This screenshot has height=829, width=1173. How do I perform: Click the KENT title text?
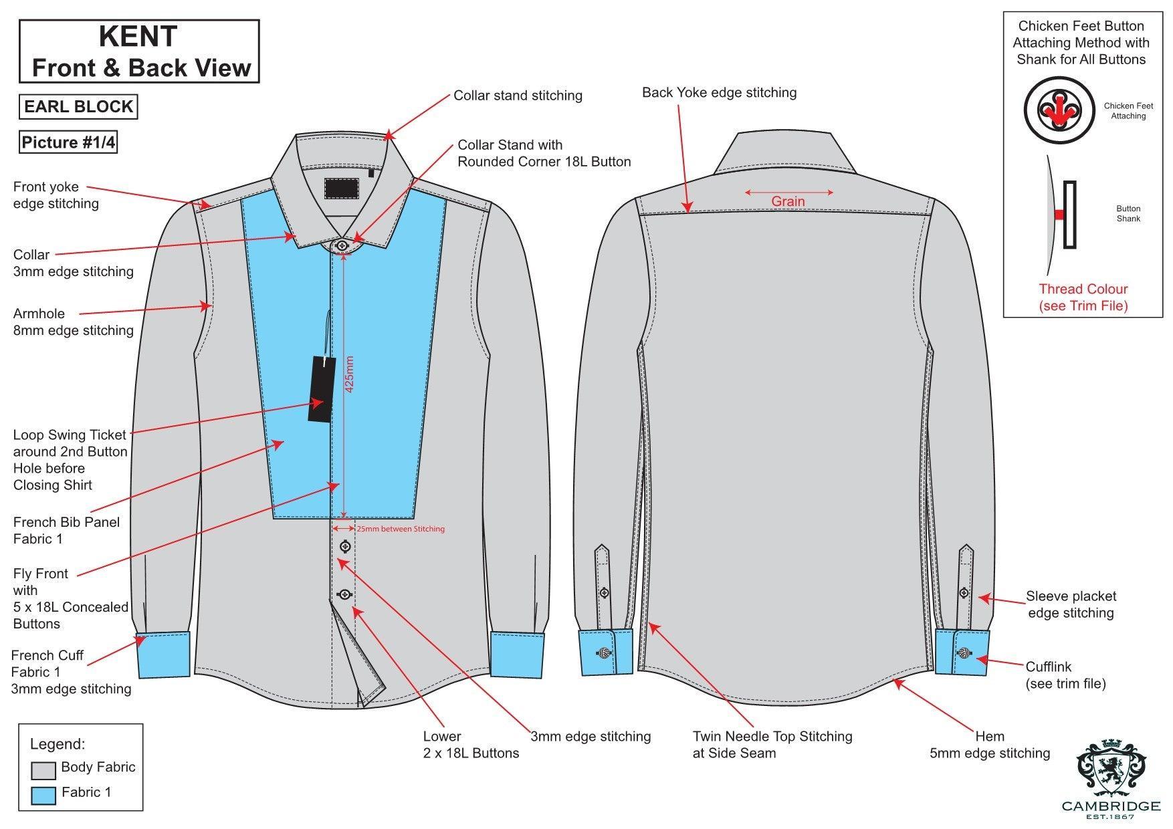pos(138,36)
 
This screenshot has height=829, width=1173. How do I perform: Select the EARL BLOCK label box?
pos(78,107)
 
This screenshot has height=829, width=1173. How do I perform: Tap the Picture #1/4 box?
pos(68,142)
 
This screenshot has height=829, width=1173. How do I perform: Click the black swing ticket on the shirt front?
pos(320,389)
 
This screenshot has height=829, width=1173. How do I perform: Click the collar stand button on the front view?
pos(343,245)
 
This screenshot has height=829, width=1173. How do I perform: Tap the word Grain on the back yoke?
pos(788,201)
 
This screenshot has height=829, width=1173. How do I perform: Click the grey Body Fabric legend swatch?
pos(43,770)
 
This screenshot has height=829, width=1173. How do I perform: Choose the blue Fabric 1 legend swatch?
pos(43,796)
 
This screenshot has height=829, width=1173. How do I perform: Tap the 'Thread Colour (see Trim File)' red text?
pos(1083,298)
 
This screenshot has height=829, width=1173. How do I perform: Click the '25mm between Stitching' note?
pos(400,529)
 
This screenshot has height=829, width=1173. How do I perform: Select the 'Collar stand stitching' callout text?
pos(518,96)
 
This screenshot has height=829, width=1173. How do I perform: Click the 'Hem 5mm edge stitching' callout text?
pos(990,745)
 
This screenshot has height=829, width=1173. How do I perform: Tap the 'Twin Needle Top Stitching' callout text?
pos(772,737)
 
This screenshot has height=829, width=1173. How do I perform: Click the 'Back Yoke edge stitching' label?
pos(719,93)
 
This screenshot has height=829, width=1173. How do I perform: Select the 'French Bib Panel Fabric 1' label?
pos(66,530)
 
